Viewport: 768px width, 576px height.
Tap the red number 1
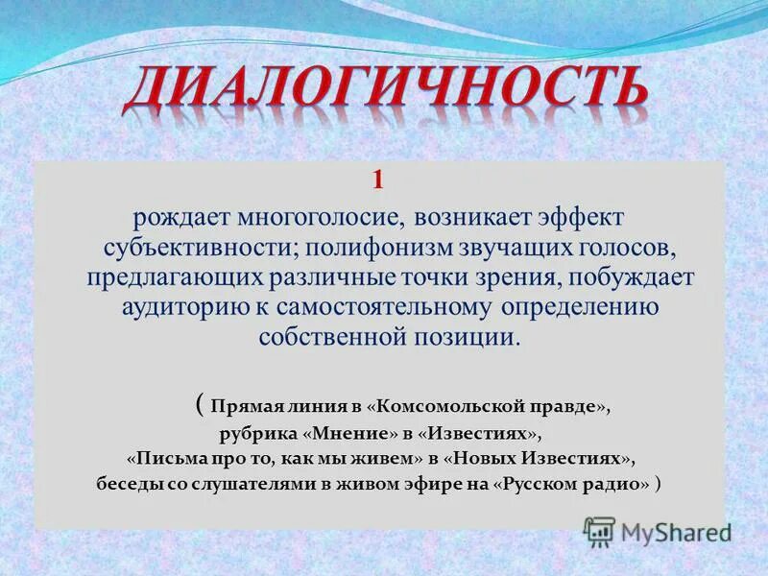click(x=377, y=180)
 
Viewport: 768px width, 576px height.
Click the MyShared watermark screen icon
click(x=599, y=531)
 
